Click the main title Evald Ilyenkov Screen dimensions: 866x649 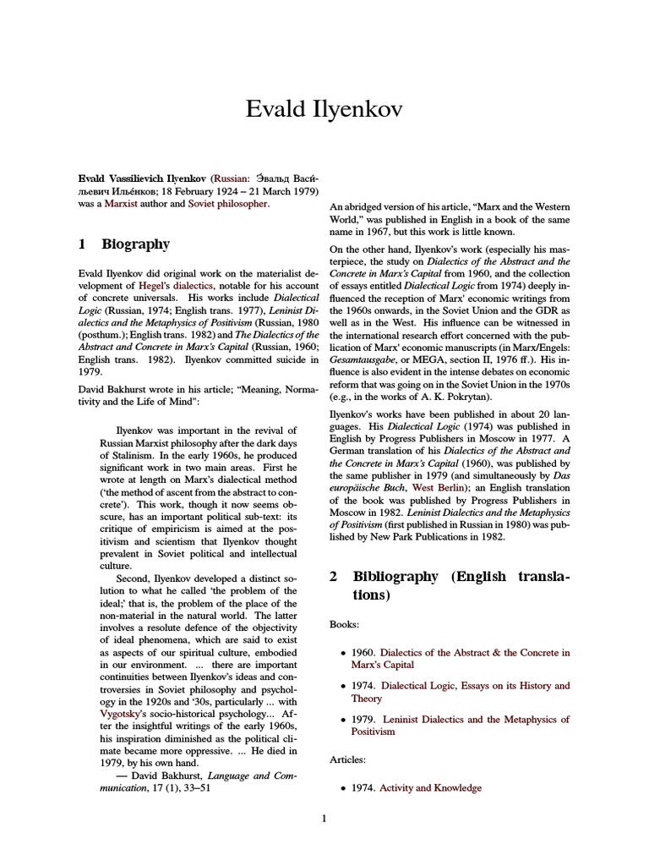tap(324, 109)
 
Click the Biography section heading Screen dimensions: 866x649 tap(135, 244)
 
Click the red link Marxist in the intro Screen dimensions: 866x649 tap(120, 206)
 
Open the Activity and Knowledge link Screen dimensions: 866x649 tap(431, 788)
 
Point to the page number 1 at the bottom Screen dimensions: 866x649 tap(324, 841)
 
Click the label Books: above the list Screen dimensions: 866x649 tap(345, 624)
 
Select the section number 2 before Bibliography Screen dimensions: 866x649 tap(334, 577)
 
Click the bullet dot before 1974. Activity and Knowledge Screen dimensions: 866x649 tap(341, 789)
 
